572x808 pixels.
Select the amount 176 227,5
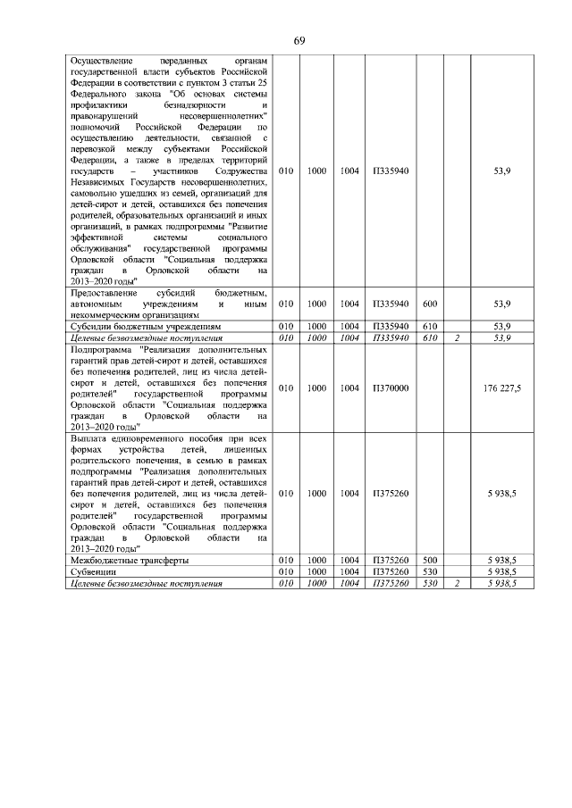tap(501, 388)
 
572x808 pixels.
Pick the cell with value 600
tap(429, 304)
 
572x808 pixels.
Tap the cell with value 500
tap(429, 560)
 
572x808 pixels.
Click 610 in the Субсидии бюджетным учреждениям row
tap(429, 327)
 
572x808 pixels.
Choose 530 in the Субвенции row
tap(429, 571)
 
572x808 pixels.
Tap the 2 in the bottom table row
tap(457, 582)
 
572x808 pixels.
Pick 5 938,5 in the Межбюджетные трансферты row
tap(501, 560)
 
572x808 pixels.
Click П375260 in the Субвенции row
tap(391, 571)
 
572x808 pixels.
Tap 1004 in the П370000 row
tap(350, 388)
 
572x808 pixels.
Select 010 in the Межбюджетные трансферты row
tap(286, 560)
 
